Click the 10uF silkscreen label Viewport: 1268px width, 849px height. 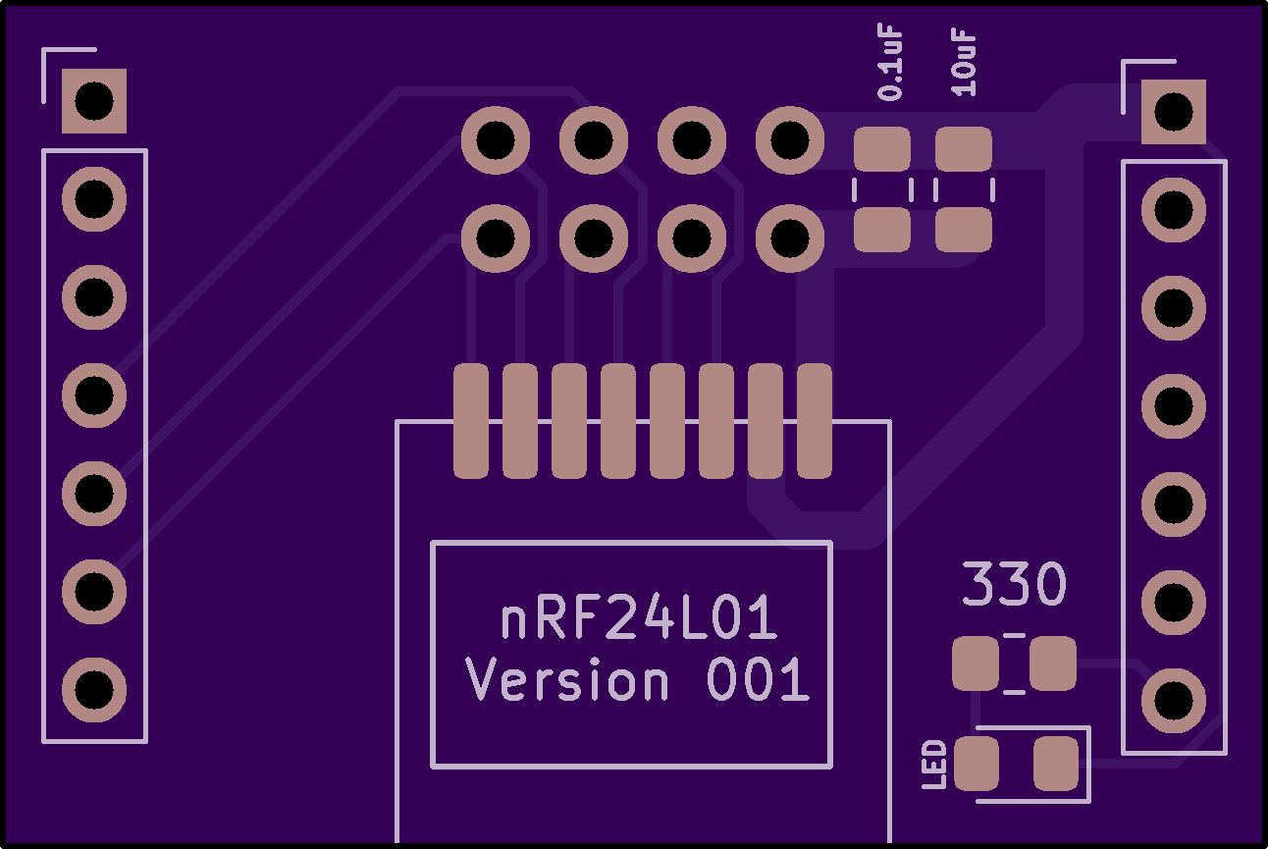966,64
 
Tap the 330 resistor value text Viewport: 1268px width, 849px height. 1013,585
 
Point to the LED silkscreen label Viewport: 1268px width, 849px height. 935,765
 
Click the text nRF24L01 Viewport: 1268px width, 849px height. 639,619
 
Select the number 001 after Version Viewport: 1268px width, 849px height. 758,680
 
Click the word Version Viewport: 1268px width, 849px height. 567,680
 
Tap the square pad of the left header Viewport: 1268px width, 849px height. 94,100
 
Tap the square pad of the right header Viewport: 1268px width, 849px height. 1173,111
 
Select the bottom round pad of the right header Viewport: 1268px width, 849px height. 1173,701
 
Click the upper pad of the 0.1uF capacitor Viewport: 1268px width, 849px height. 881,150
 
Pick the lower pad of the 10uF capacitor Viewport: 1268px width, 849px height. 963,231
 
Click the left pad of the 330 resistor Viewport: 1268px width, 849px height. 975,663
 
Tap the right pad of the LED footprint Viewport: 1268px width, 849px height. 1056,764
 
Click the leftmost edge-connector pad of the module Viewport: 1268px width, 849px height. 470,421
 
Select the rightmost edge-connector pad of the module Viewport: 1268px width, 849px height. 815,421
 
